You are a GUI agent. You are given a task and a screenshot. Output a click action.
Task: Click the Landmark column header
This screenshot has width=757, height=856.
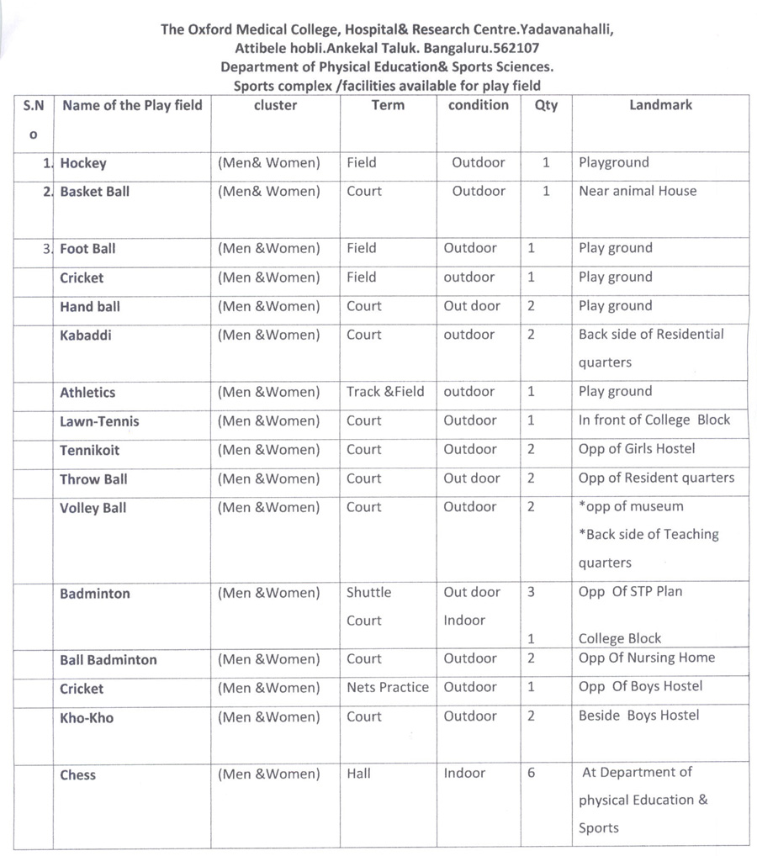(x=660, y=105)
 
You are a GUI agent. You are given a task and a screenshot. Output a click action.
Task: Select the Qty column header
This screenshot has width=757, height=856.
(x=546, y=106)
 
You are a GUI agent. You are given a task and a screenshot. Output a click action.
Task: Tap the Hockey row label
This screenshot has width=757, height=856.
(x=83, y=163)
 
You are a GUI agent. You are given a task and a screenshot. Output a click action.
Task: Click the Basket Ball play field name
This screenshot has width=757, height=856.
(x=94, y=192)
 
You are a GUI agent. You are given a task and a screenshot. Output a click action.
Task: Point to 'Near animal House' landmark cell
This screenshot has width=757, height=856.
(x=638, y=191)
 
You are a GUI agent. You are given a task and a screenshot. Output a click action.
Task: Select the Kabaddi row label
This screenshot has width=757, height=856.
(x=85, y=336)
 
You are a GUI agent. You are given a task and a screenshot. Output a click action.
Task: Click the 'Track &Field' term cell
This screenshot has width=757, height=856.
(x=385, y=391)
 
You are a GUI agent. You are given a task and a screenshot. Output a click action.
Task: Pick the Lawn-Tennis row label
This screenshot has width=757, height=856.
(x=99, y=421)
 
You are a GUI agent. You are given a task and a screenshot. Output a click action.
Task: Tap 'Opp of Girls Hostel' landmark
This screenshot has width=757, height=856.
(x=637, y=448)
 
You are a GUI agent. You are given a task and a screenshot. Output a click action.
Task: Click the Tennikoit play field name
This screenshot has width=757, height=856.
(x=89, y=451)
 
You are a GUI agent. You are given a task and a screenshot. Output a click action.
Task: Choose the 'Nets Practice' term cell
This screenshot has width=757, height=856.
(x=387, y=687)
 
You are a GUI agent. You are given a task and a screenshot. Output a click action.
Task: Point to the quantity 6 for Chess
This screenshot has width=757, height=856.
(x=532, y=773)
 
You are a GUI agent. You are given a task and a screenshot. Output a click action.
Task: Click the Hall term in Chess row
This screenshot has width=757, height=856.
(x=358, y=774)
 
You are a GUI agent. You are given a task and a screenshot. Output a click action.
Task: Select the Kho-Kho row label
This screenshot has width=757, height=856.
(x=86, y=718)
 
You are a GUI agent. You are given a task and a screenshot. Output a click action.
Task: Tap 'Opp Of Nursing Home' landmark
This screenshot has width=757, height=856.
(x=646, y=658)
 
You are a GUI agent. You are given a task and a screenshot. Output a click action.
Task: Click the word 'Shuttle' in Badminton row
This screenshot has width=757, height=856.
(x=368, y=592)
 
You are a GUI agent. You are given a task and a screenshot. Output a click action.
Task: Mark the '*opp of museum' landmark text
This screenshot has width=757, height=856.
(x=631, y=506)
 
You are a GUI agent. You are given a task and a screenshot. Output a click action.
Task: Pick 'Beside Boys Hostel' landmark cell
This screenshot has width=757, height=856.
(x=638, y=716)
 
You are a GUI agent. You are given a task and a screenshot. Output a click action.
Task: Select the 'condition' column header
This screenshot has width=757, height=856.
(x=478, y=105)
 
